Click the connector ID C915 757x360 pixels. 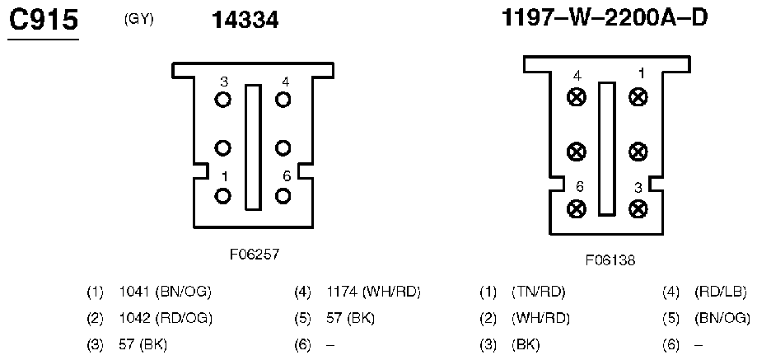click(x=43, y=21)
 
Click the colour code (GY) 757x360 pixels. click(x=138, y=19)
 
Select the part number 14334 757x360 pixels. click(x=245, y=21)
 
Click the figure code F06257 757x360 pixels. click(x=254, y=255)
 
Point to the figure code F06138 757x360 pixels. click(x=610, y=260)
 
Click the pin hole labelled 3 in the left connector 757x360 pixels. click(x=222, y=100)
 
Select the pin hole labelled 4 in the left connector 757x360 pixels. click(x=283, y=100)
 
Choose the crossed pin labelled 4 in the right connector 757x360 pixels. click(x=577, y=97)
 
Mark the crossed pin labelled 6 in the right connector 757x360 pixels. click(x=577, y=209)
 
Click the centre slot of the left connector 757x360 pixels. click(x=253, y=146)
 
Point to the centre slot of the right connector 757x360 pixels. click(x=607, y=148)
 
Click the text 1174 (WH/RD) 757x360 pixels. click(x=375, y=292)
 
